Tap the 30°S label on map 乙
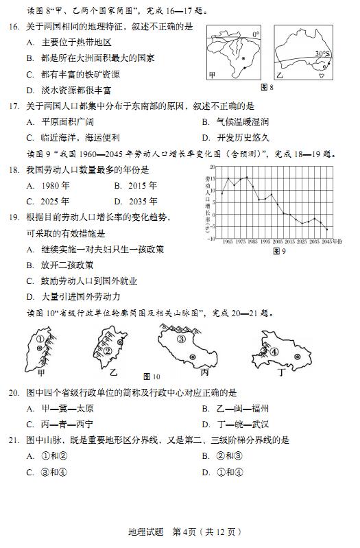(322, 53)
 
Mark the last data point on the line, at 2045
(327, 229)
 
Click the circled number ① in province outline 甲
(40, 339)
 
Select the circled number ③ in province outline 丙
(182, 338)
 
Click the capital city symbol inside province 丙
(193, 357)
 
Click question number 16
(14, 27)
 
